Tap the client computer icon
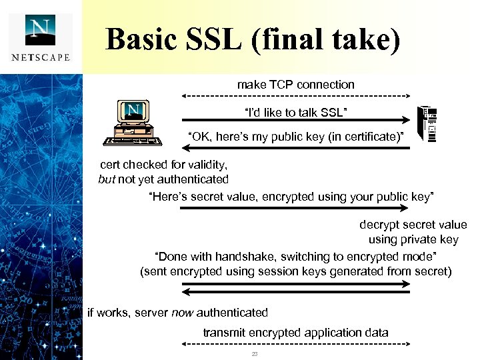(x=134, y=123)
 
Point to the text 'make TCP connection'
(x=296, y=85)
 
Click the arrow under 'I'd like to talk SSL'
(x=296, y=121)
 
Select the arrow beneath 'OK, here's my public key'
(x=296, y=148)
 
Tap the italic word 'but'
(x=107, y=179)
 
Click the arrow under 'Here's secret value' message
(x=296, y=208)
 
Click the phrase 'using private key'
(x=413, y=239)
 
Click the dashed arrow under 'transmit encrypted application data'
(x=296, y=344)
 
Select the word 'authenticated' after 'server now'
(x=233, y=313)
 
